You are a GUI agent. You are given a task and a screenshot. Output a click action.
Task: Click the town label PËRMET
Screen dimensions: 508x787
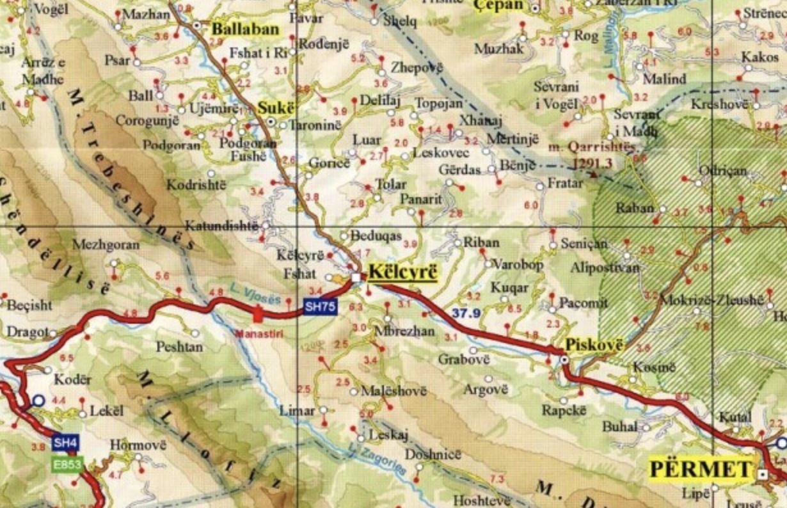(x=700, y=469)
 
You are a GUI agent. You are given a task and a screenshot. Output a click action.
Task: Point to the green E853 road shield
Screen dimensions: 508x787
(x=67, y=464)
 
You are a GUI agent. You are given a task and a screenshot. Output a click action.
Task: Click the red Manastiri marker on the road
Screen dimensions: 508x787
(x=258, y=314)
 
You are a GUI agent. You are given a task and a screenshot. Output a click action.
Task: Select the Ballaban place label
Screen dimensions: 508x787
(x=246, y=29)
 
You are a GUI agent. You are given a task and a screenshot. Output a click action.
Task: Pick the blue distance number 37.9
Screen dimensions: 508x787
(x=465, y=313)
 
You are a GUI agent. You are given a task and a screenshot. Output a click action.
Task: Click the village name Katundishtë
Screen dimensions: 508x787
(x=221, y=226)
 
